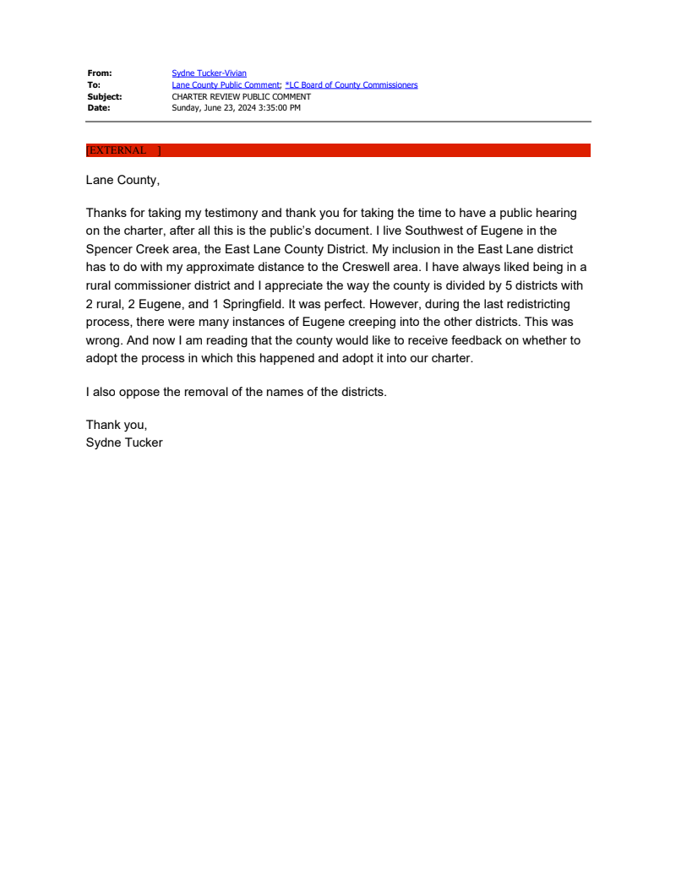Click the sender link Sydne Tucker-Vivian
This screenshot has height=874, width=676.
[209, 73]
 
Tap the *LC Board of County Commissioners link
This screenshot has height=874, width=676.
[352, 85]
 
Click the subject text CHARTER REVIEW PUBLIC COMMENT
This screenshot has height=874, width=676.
[241, 96]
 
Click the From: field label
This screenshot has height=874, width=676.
[99, 73]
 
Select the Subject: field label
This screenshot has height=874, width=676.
[104, 96]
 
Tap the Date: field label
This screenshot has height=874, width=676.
[98, 108]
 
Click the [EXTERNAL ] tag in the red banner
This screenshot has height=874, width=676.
[123, 150]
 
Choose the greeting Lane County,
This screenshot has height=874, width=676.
[123, 180]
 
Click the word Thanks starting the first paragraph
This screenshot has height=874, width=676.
[106, 213]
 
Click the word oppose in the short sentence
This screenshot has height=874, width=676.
[137, 392]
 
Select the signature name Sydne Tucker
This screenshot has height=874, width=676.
[124, 442]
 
